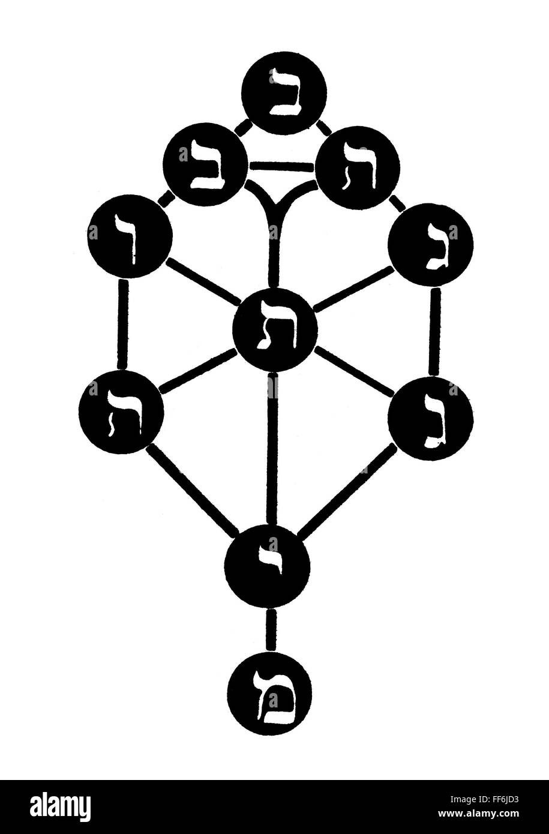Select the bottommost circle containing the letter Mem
point(270,693)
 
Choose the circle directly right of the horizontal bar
point(358,167)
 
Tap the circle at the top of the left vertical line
point(130,235)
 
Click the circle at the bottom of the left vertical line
point(121,411)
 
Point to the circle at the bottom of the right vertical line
point(430,418)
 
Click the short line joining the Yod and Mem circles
point(271,630)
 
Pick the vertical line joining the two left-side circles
point(124,324)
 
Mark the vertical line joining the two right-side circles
point(435,332)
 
